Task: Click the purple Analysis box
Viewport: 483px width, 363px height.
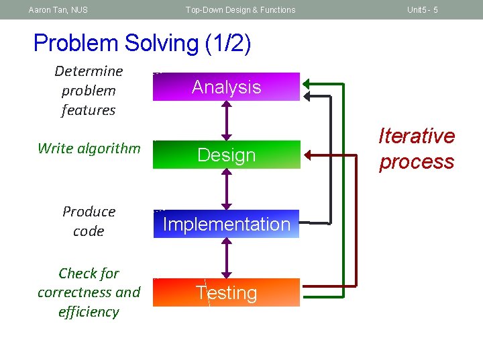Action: [226, 87]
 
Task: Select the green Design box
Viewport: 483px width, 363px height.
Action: [226, 155]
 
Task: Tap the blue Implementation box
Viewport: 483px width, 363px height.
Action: [226, 224]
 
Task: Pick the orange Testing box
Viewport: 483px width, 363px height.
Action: [226, 292]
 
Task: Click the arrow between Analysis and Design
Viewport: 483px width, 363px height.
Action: [227, 120]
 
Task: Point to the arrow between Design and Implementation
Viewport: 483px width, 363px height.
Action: [227, 189]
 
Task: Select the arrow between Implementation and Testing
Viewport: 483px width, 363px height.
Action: [227, 258]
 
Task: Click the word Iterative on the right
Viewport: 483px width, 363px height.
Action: [417, 136]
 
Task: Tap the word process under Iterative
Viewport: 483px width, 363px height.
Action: [417, 162]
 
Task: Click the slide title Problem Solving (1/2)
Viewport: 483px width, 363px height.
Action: [142, 44]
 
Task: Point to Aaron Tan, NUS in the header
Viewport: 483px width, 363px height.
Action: [58, 9]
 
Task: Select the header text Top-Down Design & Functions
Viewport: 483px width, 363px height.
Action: [240, 9]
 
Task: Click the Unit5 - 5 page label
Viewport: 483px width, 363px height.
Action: [423, 9]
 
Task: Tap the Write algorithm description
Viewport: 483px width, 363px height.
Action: [89, 149]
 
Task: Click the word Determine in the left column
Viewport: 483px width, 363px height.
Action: [89, 71]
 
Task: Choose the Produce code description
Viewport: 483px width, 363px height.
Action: [89, 221]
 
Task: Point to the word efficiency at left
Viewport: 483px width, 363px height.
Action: [89, 312]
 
